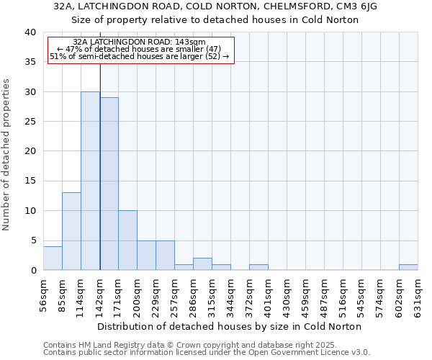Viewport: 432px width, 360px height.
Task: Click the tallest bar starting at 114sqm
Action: pyautogui.click(x=90, y=181)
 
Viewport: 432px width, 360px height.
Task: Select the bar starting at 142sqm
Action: pyautogui.click(x=109, y=184)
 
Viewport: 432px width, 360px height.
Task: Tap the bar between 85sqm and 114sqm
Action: pyautogui.click(x=71, y=231)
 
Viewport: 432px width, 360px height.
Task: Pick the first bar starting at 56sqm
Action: pyautogui.click(x=53, y=258)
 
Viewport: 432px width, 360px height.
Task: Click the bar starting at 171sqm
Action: pyautogui.click(x=127, y=240)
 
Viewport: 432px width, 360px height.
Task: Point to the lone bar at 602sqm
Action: pyautogui.click(x=408, y=267)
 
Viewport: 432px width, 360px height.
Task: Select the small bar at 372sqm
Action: pyautogui.click(x=258, y=267)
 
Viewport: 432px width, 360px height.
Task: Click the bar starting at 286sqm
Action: pyautogui.click(x=202, y=264)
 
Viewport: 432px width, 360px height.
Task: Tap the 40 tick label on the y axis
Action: pyautogui.click(x=30, y=32)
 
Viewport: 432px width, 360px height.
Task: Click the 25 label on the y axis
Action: pyautogui.click(x=30, y=122)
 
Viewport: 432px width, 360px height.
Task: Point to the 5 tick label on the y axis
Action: pyautogui.click(x=32, y=240)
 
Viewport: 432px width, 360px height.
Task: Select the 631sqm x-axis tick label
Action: pyautogui.click(x=418, y=296)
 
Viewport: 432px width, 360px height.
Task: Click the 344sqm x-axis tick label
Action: pyautogui.click(x=230, y=296)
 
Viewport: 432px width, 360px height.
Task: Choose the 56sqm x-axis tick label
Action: pyautogui.click(x=43, y=296)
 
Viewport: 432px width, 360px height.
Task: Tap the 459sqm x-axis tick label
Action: pyautogui.click(x=324, y=296)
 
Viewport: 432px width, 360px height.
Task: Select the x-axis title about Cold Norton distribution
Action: pyautogui.click(x=229, y=326)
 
